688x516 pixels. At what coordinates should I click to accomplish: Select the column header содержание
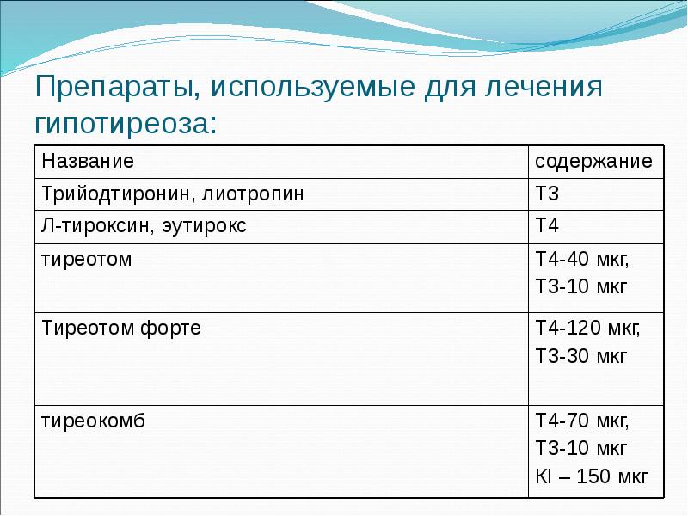594,161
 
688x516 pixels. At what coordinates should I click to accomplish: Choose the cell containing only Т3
548,193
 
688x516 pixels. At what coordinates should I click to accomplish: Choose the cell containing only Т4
548,226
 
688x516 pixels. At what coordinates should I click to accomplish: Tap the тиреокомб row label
94,421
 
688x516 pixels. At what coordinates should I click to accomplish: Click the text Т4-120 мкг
587,328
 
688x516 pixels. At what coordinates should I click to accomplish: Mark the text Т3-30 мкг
581,355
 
